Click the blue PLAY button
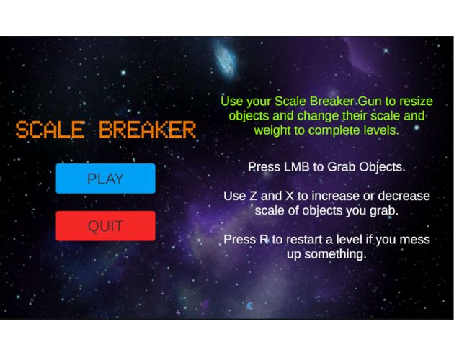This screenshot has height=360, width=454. (x=105, y=179)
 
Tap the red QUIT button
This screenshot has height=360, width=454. (x=105, y=226)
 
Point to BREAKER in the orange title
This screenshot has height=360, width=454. (x=148, y=130)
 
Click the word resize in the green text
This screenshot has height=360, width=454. (x=414, y=100)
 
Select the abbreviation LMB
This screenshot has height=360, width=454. (x=297, y=166)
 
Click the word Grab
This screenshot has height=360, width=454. (x=342, y=166)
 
